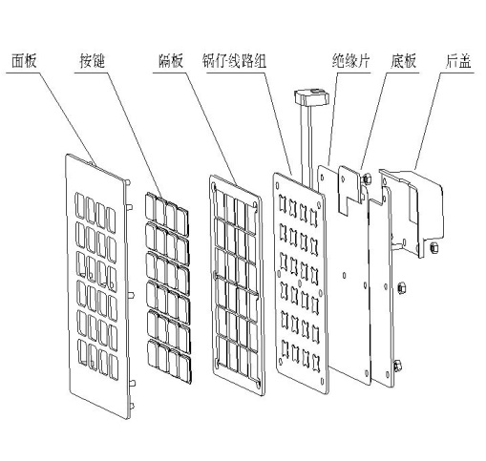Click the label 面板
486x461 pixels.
point(24,61)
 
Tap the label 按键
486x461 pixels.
point(92,61)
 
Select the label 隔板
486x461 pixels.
point(171,61)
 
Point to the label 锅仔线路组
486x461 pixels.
point(235,61)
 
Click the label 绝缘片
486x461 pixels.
point(350,61)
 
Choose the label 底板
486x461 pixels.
point(403,61)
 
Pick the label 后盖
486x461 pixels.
point(457,61)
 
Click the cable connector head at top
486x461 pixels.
point(311,96)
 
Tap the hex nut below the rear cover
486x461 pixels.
point(433,247)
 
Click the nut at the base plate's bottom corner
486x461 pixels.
point(397,366)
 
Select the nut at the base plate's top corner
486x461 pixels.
point(367,179)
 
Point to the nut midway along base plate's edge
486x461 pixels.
point(401,288)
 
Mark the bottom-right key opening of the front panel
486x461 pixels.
point(113,367)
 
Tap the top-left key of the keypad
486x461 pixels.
point(151,206)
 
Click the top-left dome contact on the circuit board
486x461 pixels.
point(283,202)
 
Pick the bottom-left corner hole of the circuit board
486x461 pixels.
point(281,361)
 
